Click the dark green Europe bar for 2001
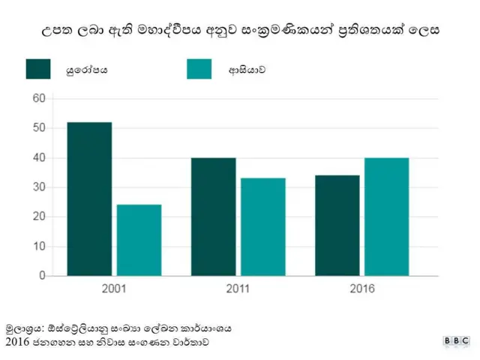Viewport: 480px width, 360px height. (x=89, y=199)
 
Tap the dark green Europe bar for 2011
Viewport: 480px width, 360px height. (x=214, y=217)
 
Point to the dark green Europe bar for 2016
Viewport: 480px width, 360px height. (x=337, y=225)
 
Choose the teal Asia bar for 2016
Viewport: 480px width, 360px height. (x=387, y=217)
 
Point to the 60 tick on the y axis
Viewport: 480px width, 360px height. (x=39, y=98)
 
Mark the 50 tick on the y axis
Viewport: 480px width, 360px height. (x=39, y=128)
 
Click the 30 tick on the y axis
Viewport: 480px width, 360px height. (x=39, y=187)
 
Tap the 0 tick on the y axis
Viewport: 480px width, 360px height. (x=42, y=276)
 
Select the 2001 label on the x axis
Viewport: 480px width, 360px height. (x=114, y=289)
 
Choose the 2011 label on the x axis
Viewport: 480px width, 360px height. (x=238, y=289)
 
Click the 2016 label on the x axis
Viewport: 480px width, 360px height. (x=362, y=289)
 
